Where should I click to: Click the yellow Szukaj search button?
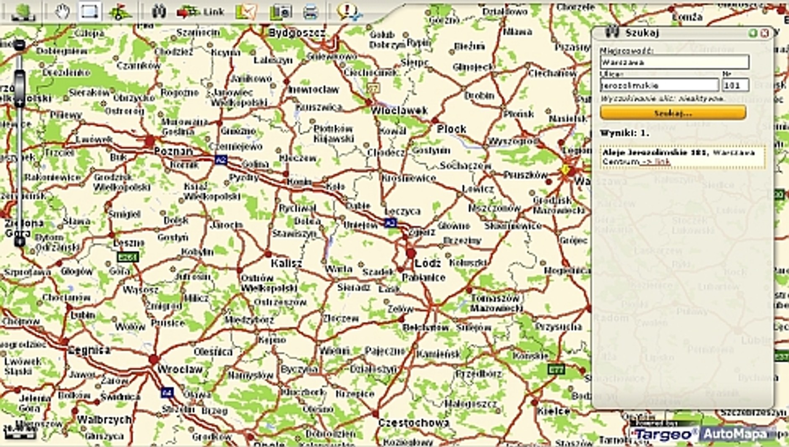coord(673,113)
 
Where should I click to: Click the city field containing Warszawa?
coord(674,62)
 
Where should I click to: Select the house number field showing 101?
coord(735,85)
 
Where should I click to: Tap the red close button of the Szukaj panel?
coord(765,33)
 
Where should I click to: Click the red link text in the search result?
coord(662,162)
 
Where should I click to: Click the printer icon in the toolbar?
coord(310,12)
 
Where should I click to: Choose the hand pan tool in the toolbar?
coord(62,11)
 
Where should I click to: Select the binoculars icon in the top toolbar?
coord(159,11)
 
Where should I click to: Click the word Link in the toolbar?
coord(214,12)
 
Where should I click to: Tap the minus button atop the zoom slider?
coord(19,45)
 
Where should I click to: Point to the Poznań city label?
coord(173,151)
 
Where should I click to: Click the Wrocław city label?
coord(180,370)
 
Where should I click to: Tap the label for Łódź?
coord(428,263)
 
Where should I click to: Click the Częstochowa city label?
coord(413,423)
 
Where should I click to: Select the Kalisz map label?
coord(286,263)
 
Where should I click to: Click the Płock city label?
coord(452,129)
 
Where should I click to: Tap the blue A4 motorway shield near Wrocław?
coord(167,393)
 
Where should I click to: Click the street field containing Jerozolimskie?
coord(659,85)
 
